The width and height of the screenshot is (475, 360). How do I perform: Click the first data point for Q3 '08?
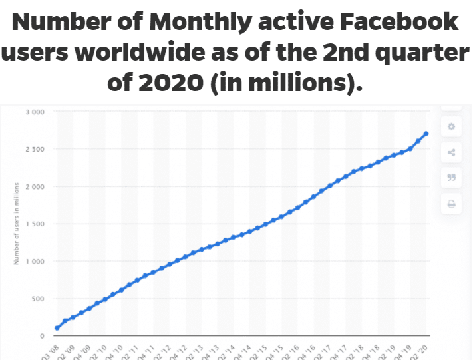tap(57, 328)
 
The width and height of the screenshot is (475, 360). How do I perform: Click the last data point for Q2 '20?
tap(426, 134)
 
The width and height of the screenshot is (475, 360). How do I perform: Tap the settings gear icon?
tap(451, 126)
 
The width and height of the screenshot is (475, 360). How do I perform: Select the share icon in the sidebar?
tap(451, 152)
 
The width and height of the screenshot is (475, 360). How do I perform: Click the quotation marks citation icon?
tap(451, 178)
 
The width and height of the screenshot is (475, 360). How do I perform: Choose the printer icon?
tap(451, 204)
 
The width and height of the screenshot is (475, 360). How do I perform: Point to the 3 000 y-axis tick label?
tap(35, 112)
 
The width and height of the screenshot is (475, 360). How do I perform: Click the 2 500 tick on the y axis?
tap(35, 149)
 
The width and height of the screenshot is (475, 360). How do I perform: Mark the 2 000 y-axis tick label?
tap(35, 186)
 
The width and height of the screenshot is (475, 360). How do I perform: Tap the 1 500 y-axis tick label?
tap(35, 224)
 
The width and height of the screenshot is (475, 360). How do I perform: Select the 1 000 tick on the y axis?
tap(35, 261)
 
